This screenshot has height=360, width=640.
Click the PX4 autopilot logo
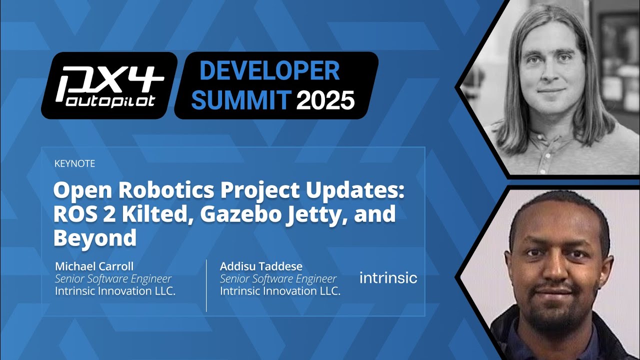[108, 85]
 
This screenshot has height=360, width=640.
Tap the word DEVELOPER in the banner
[269, 71]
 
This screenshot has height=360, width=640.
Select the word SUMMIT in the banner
[241, 100]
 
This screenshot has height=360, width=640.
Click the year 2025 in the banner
[325, 100]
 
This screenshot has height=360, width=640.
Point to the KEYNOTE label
[74, 163]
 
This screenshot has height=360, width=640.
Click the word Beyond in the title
[95, 238]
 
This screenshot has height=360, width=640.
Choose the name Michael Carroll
[94, 266]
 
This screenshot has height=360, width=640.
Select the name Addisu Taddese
[261, 266]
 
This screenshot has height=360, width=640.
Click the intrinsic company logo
[388, 277]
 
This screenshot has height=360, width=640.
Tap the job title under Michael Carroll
[113, 279]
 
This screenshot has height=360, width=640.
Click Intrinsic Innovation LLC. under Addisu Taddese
[280, 291]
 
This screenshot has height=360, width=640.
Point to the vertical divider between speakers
[206, 285]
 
